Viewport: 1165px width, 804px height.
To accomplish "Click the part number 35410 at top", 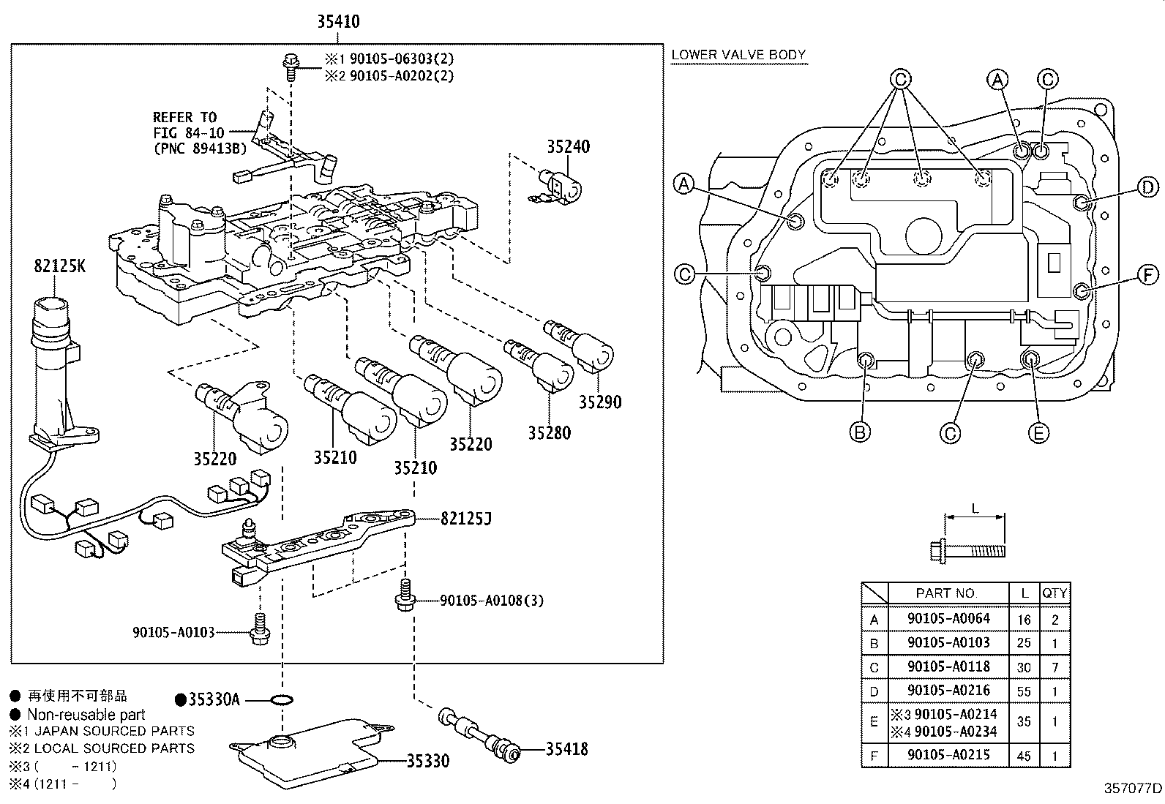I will pyautogui.click(x=338, y=22).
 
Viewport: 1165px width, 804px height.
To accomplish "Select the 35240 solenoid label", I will pyautogui.click(x=568, y=146).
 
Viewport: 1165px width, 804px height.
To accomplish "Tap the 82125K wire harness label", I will pyautogui.click(x=59, y=266).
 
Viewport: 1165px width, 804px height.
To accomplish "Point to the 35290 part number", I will pyautogui.click(x=599, y=402).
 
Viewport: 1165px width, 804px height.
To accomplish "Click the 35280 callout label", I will pyautogui.click(x=550, y=432).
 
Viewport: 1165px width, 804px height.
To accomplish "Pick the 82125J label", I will pyautogui.click(x=466, y=519).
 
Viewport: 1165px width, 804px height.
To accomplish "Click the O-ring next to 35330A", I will pyautogui.click(x=282, y=700).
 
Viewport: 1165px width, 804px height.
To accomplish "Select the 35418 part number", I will pyautogui.click(x=566, y=750).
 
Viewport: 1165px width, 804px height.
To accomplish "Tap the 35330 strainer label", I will pyautogui.click(x=428, y=761).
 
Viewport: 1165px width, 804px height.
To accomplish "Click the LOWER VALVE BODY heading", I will pyautogui.click(x=738, y=55).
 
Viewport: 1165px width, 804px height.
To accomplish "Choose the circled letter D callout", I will pyautogui.click(x=1147, y=187).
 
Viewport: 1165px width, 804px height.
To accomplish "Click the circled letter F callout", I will pyautogui.click(x=1147, y=275).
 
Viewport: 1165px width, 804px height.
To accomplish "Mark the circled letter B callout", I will pyautogui.click(x=860, y=432).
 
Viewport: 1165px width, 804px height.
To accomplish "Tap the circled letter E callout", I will pyautogui.click(x=1038, y=433).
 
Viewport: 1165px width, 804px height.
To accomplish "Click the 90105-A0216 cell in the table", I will pyautogui.click(x=948, y=690).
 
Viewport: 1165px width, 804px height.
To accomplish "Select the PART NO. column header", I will pyautogui.click(x=947, y=593).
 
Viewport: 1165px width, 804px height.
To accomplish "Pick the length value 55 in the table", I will pyautogui.click(x=1024, y=691).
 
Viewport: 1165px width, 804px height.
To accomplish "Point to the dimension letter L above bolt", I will pyautogui.click(x=975, y=508).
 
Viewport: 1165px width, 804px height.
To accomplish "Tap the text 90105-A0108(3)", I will pyautogui.click(x=492, y=601).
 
